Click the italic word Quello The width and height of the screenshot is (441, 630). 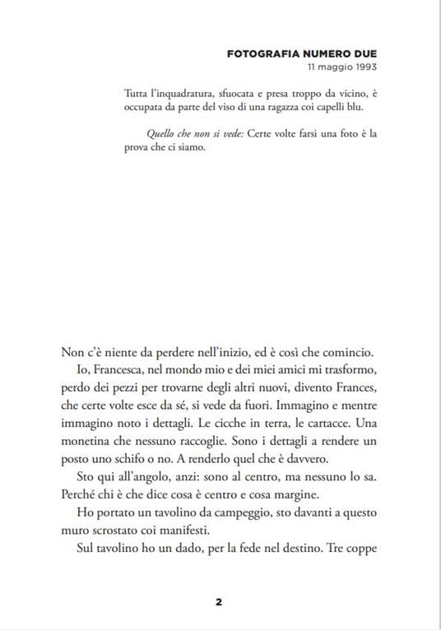(161, 133)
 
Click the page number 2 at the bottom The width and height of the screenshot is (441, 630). (219, 601)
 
